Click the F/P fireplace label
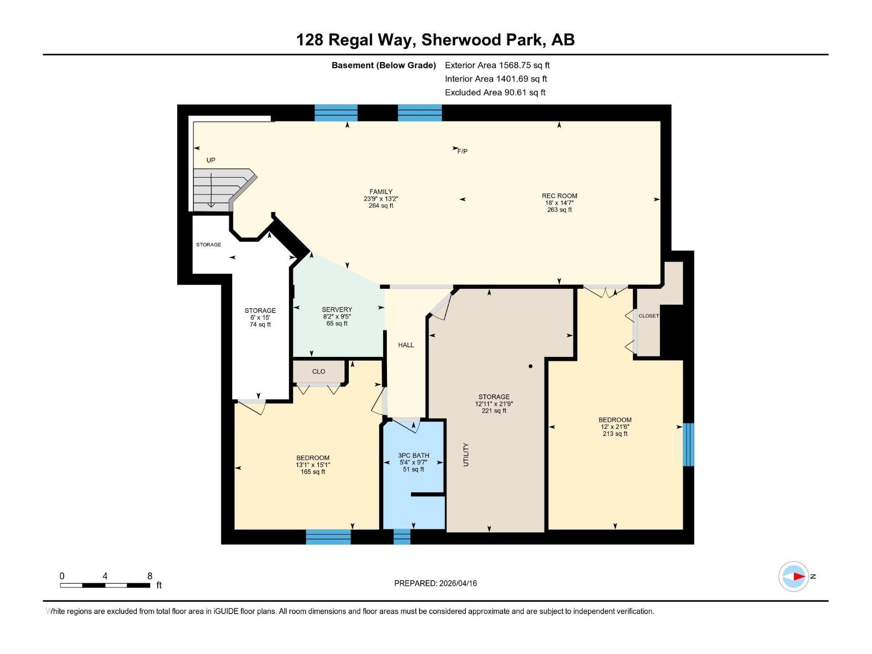pos(462,152)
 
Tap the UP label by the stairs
pos(211,160)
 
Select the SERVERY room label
pos(337,310)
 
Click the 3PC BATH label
pos(414,456)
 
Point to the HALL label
pos(406,345)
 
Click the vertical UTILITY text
pos(466,455)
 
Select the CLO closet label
pos(319,372)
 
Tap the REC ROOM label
pos(559,196)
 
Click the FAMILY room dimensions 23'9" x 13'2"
pos(381,199)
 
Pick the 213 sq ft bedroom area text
pos(615,434)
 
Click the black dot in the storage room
pos(530,366)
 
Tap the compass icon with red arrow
pos(794,576)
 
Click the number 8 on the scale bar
pos(150,576)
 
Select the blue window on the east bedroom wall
pos(689,444)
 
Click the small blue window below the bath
pos(402,537)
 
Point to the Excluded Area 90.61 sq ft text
pos(495,93)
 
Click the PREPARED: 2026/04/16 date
pos(435,583)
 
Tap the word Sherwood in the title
pos(461,40)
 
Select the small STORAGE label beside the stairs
pos(209,245)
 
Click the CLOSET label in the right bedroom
pos(649,316)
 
